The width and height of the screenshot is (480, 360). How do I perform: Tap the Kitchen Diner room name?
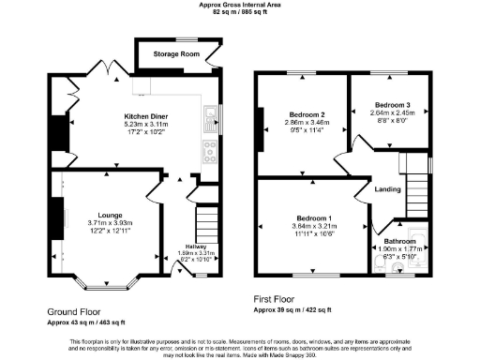pyautogui.click(x=146, y=116)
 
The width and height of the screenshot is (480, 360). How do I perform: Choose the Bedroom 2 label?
pyautogui.click(x=302, y=114)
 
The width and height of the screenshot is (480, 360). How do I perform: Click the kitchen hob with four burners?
pyautogui.click(x=206, y=147)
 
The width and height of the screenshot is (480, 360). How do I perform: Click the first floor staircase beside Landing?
pyautogui.click(x=418, y=192)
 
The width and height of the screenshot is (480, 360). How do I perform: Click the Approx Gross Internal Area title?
pyautogui.click(x=239, y=5)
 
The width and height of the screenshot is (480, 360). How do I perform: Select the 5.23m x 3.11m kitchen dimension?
pyautogui.click(x=146, y=124)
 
